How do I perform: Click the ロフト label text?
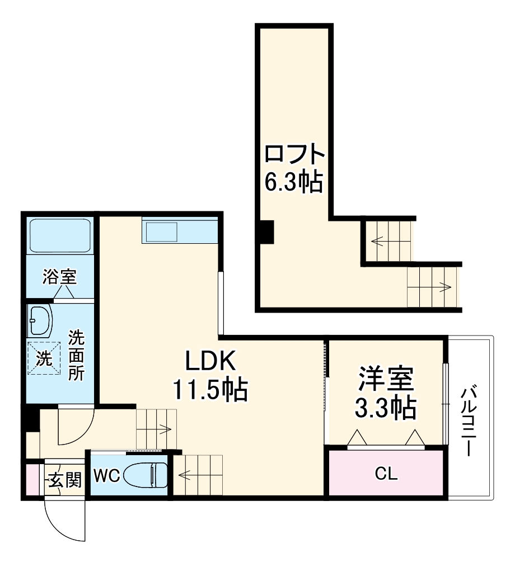[294, 154]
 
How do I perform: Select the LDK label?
[209, 362]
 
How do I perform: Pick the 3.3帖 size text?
[386, 408]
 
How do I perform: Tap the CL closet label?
[386, 475]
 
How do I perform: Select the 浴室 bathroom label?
[60, 276]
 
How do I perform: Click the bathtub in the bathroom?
[60, 236]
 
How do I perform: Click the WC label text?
[106, 476]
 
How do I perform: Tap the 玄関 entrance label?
[64, 479]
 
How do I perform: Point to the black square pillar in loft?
[266, 233]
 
